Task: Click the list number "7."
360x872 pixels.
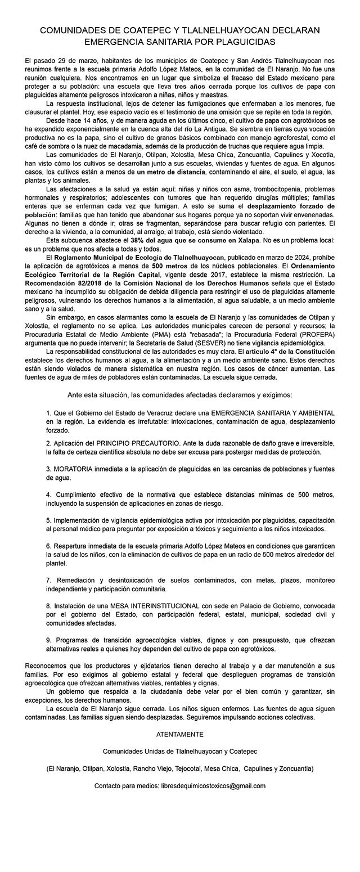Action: click(49, 580)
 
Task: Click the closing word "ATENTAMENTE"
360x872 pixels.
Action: click(180, 734)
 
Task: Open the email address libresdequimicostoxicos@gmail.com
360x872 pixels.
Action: click(213, 785)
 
